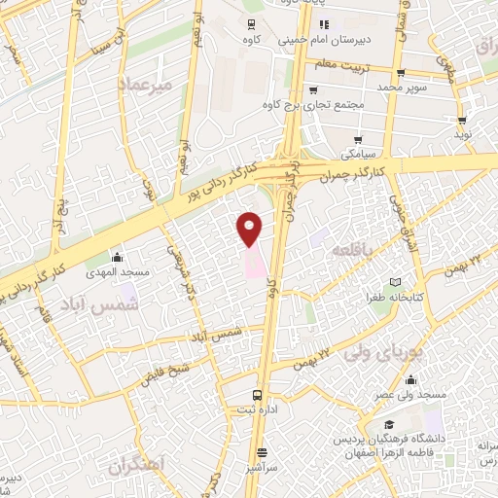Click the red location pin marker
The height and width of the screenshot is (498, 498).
(250, 228)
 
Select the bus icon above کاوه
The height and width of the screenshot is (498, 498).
(252, 24)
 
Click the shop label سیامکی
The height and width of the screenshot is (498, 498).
(355, 154)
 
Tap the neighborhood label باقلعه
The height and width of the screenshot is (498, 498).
(354, 250)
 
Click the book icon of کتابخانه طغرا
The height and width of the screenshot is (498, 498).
(395, 280)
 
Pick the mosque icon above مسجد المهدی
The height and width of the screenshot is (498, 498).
(118, 257)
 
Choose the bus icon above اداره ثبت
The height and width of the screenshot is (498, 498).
(258, 395)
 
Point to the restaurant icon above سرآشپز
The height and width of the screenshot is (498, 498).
(262, 451)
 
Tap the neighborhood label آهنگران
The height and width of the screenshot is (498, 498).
(136, 465)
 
